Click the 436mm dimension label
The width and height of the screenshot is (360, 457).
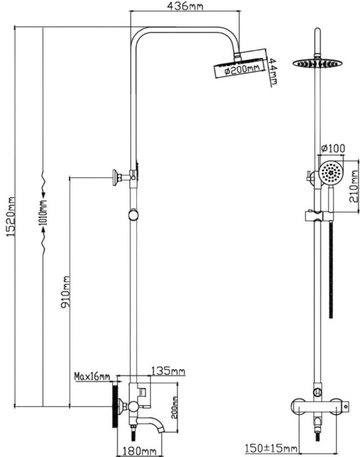[x=185, y=6]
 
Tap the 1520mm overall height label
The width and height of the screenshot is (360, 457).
[x=11, y=217]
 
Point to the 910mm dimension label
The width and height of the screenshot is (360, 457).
[x=65, y=292]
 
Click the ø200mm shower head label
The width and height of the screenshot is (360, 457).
[x=241, y=70]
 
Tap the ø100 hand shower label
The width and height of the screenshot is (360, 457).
[x=332, y=148]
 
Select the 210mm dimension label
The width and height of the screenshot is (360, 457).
[x=354, y=186]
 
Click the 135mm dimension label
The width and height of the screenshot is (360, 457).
[x=168, y=371]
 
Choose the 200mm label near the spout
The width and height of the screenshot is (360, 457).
[x=174, y=407]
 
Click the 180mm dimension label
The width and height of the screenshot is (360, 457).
[x=139, y=451]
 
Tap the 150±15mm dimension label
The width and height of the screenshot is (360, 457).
[x=271, y=448]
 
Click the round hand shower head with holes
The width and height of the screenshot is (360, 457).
[x=331, y=173]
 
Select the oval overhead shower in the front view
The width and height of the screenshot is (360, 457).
[x=317, y=63]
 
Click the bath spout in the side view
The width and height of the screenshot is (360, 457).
[x=151, y=423]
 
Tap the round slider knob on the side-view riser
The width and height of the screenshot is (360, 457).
[x=133, y=215]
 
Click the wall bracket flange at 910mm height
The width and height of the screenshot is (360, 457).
[x=116, y=177]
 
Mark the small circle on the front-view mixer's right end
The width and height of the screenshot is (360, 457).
[x=345, y=406]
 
